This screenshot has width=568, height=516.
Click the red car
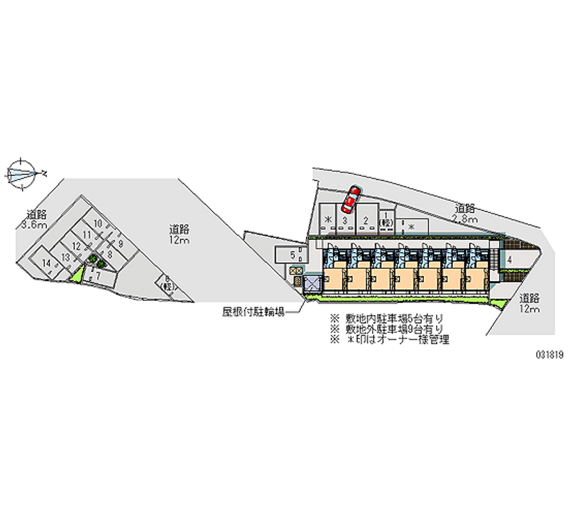click(351, 201)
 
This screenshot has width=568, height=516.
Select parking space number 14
click(48, 263)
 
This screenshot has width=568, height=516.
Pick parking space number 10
click(99, 224)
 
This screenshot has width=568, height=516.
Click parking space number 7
click(99, 276)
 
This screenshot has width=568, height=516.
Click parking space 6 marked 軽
click(168, 283)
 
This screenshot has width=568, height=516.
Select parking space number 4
click(510, 260)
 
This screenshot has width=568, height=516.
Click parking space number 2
click(365, 221)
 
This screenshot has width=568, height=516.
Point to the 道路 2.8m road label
click(466, 213)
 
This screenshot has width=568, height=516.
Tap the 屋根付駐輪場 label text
click(253, 312)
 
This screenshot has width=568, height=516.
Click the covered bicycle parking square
click(312, 285)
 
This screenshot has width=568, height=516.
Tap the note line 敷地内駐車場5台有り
click(386, 319)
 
